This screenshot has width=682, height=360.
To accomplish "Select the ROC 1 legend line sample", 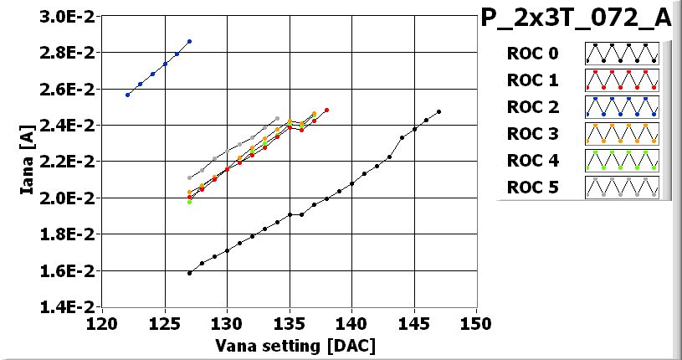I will (622, 80).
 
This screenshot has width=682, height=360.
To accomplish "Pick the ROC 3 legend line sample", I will (622, 134).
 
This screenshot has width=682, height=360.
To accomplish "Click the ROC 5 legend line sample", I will (622, 188).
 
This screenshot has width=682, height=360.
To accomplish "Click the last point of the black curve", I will (438, 111).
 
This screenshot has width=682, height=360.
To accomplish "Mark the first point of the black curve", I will (190, 273).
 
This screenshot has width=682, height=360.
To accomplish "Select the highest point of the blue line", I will (190, 41).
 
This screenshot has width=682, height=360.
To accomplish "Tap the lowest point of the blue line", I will (127, 95).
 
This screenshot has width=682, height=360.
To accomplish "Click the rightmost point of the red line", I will (326, 110).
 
